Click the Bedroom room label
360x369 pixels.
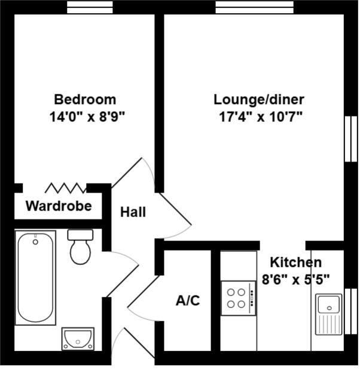[85, 99]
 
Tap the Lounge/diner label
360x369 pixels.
[259, 99]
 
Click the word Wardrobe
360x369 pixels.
[59, 206]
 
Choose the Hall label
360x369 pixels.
[133, 212]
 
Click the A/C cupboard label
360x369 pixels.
[187, 301]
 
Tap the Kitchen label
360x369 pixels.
[295, 262]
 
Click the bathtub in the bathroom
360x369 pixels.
[35, 277]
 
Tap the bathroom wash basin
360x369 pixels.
[78, 338]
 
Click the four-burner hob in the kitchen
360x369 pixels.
[237, 298]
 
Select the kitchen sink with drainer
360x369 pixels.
[328, 314]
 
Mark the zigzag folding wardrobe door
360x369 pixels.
[65, 188]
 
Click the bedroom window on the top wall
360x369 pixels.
[90, 7]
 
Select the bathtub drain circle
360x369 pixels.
[35, 242]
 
